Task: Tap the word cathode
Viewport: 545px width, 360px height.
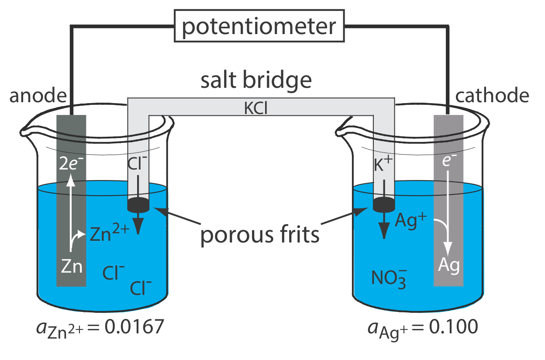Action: tap(492, 96)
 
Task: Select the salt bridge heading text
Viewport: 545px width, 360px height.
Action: tap(256, 81)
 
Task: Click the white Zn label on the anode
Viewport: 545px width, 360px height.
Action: tap(72, 266)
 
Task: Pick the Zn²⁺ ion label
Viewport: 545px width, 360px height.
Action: tap(109, 235)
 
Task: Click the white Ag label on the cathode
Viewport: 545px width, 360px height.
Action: tap(449, 265)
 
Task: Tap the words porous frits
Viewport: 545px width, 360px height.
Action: tap(260, 235)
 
